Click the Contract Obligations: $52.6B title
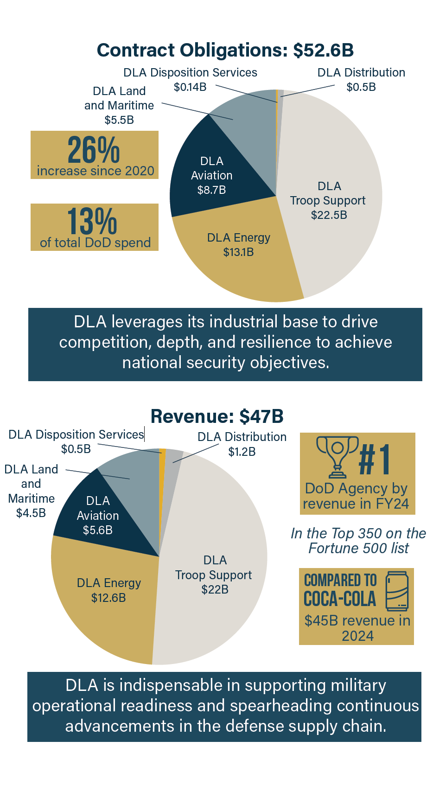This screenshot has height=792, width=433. tap(225, 50)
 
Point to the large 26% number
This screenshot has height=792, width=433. tap(94, 149)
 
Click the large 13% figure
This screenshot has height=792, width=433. tap(92, 221)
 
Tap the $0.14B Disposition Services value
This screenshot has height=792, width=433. tap(190, 87)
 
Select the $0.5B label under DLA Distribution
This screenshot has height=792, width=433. tap(361, 87)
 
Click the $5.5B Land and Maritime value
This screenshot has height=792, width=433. tap(119, 120)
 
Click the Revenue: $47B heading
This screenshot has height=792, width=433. tap(217, 416)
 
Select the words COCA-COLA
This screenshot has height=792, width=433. tap(339, 599)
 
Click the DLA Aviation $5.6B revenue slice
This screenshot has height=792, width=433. tap(98, 515)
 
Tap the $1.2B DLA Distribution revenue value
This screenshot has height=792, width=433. tap(242, 452)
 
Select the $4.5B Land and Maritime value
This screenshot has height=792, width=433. tap(31, 513)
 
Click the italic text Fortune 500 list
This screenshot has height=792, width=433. tap(358, 549)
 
